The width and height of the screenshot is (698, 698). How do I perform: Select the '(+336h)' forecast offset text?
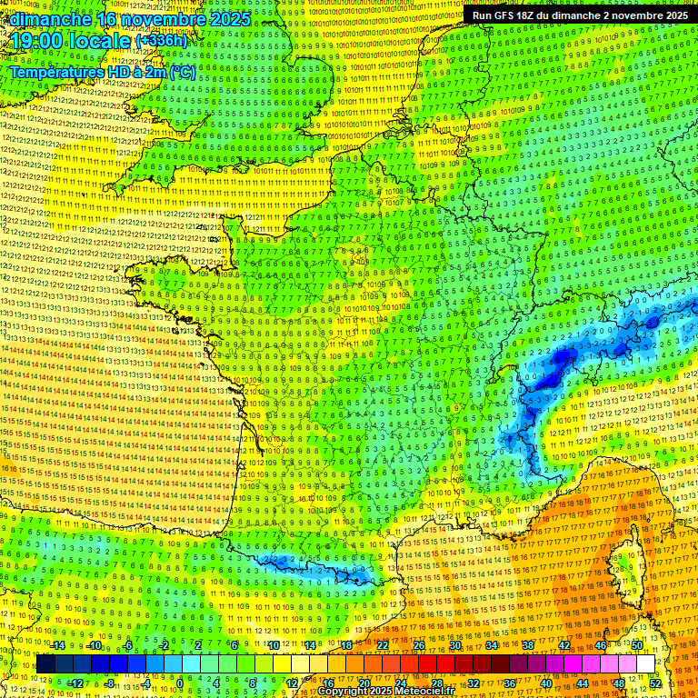[x=162, y=40]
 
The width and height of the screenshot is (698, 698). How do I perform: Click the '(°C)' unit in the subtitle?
[x=180, y=72]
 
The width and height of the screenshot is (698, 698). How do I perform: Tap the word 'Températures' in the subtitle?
[x=57, y=72]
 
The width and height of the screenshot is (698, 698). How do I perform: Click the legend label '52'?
[x=655, y=683]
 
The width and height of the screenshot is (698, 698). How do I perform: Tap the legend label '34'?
[x=491, y=644]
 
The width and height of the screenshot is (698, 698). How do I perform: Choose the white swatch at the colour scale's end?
[x=645, y=664]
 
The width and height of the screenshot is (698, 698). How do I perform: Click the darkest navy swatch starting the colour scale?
[x=45, y=664]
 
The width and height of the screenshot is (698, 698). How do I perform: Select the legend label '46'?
[x=600, y=644]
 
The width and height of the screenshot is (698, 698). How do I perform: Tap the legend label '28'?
[x=436, y=683]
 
